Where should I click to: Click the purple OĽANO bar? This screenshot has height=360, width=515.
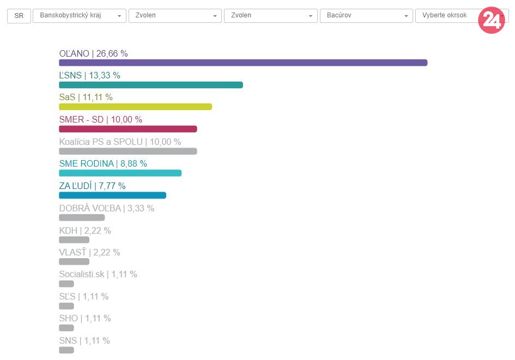(x=243, y=63)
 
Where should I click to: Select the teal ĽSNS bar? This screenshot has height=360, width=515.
(x=151, y=85)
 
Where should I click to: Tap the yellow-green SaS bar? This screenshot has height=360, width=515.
(x=135, y=107)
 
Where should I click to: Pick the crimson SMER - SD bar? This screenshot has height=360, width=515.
(x=128, y=129)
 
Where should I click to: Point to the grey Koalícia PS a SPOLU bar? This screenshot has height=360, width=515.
(x=128, y=151)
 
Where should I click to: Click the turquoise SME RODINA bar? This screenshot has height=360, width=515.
(x=120, y=173)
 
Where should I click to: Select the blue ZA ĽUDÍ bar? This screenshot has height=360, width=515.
(x=112, y=195)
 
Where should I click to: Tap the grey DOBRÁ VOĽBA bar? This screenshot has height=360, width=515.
(x=82, y=217)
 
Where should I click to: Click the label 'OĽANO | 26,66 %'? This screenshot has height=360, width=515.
(x=93, y=53)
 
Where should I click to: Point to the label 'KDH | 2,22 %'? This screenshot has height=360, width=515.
(x=85, y=230)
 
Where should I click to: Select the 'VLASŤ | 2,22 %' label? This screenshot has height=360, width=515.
(x=89, y=252)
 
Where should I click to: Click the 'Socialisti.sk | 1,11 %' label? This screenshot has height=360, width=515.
(x=98, y=274)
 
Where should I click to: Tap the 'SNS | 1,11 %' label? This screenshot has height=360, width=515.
(x=84, y=340)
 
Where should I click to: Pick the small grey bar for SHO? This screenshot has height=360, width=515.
(x=66, y=328)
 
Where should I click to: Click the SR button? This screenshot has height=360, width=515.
(x=19, y=16)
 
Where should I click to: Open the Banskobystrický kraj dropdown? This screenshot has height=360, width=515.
(x=80, y=16)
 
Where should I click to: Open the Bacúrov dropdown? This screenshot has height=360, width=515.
(x=367, y=16)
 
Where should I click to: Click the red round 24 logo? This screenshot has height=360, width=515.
(x=491, y=21)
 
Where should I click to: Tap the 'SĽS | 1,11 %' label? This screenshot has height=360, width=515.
(x=84, y=296)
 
